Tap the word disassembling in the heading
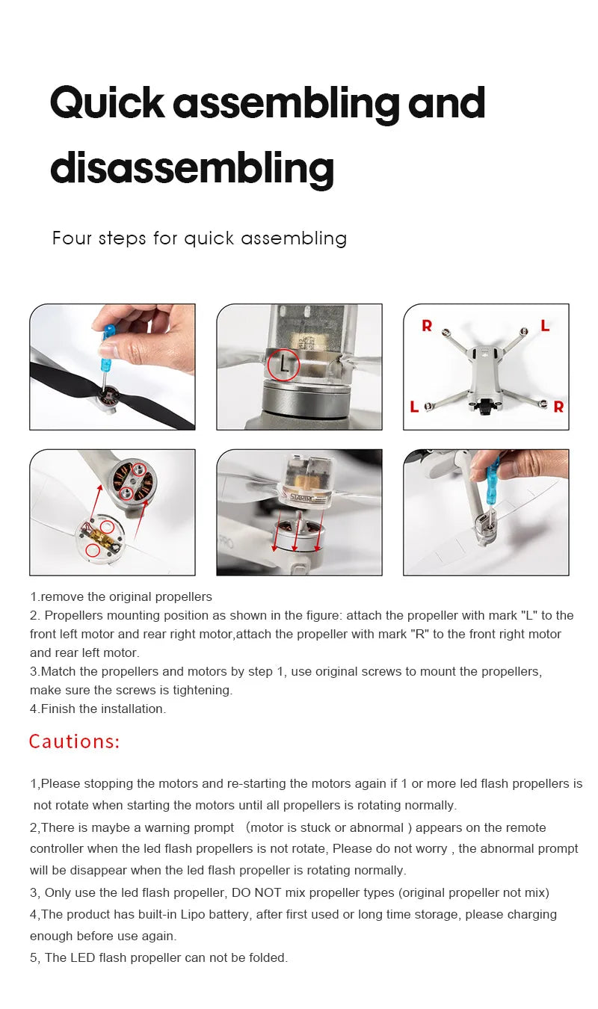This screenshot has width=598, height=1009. pyautogui.click(x=191, y=168)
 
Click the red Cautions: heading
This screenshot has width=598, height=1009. pyautogui.click(x=74, y=741)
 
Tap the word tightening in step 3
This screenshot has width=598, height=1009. pyautogui.click(x=201, y=690)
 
